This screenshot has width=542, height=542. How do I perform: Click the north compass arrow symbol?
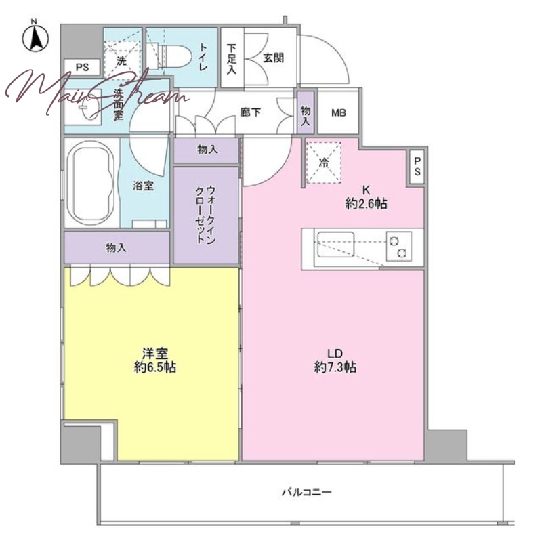click(x=36, y=37)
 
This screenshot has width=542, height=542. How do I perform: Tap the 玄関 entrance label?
click(x=273, y=58)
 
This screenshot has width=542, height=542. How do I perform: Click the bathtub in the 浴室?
click(x=91, y=184)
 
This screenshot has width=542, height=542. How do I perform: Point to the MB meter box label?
click(x=338, y=112)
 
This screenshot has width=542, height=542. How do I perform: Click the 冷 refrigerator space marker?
click(x=324, y=163)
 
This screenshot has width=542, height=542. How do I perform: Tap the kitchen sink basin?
click(x=336, y=245)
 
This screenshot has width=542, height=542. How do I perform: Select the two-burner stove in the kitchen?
click(x=399, y=245)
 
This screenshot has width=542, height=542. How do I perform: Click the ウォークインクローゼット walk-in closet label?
click(x=206, y=214)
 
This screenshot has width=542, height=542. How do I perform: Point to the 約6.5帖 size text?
click(x=155, y=367)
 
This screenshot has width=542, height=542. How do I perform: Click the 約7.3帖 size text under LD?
click(x=335, y=367)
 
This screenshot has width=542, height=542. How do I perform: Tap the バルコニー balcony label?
click(x=307, y=492)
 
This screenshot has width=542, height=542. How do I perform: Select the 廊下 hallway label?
click(x=250, y=112)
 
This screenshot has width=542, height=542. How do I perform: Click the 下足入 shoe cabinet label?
click(x=232, y=59)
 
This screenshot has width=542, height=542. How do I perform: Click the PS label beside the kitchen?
click(x=417, y=166)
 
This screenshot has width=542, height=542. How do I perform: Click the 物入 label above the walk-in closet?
click(x=207, y=150)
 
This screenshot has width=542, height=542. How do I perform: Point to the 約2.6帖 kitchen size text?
click(x=366, y=204)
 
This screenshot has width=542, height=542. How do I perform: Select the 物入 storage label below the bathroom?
click(x=116, y=247)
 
